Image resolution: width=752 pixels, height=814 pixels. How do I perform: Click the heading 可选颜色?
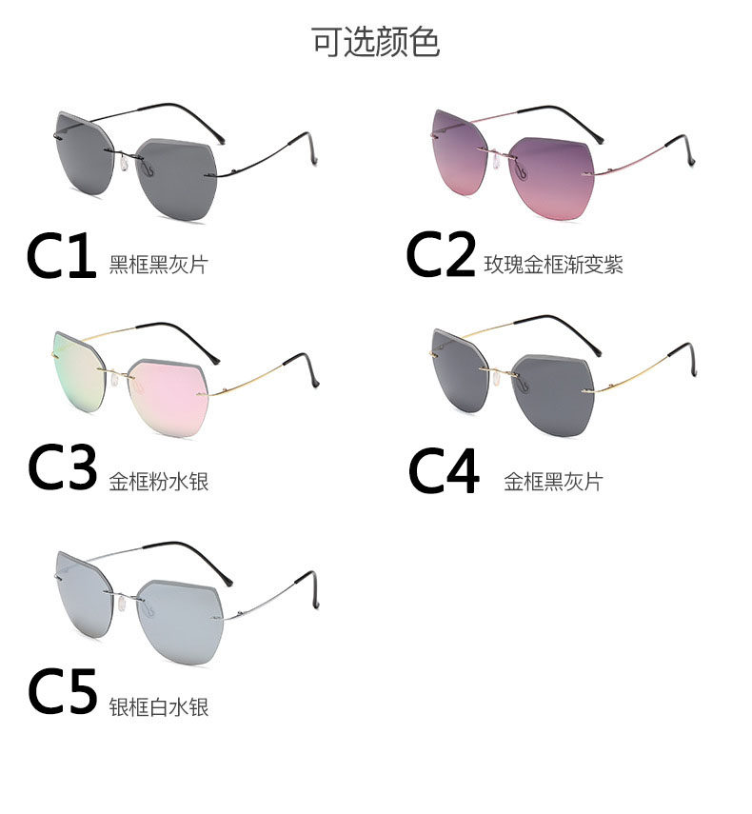pyautogui.click(x=376, y=42)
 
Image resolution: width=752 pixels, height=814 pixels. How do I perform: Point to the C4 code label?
pyautogui.click(x=444, y=470)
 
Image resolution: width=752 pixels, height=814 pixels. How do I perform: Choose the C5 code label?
pyautogui.click(x=62, y=693)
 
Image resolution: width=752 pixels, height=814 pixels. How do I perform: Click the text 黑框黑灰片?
pyautogui.click(x=158, y=265)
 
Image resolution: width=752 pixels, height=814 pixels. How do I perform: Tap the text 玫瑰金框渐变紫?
pyautogui.click(x=554, y=265)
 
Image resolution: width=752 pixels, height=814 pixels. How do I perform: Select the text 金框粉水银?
pyautogui.click(x=158, y=481)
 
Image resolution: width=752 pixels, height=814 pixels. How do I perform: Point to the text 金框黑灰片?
pyautogui.click(x=553, y=481)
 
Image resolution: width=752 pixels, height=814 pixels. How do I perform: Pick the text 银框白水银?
pyautogui.click(x=158, y=706)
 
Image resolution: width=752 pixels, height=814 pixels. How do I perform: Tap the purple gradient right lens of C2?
pyautogui.click(x=554, y=176)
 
